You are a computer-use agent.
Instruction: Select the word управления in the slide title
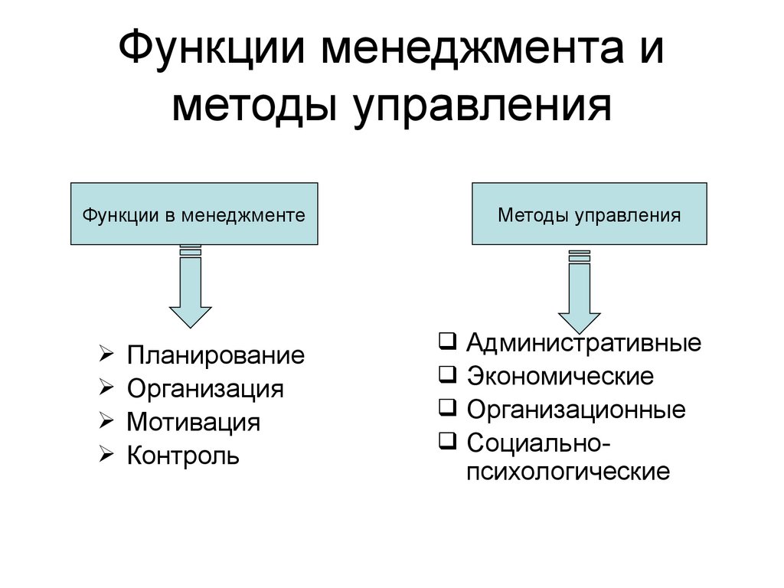point(482,107)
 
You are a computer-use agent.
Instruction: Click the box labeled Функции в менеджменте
point(194,214)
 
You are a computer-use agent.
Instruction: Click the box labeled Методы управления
point(589,214)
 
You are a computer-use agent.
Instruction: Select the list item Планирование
point(215,355)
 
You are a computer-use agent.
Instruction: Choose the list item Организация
point(205,389)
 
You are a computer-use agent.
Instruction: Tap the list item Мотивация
point(193,422)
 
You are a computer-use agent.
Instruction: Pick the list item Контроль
point(183,456)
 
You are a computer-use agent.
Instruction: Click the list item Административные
point(583,342)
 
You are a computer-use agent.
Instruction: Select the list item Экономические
point(560,376)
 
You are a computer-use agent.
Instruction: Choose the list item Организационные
point(576,410)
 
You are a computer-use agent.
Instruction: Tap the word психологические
point(567,470)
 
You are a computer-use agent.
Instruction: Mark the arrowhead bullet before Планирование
point(106,354)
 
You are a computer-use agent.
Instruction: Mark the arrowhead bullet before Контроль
point(106,455)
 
